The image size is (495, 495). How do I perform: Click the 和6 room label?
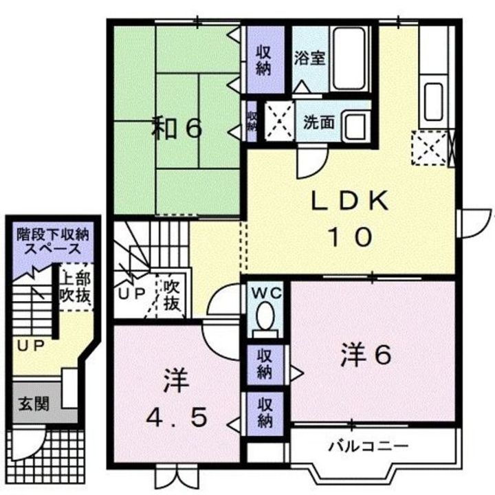click(177, 129)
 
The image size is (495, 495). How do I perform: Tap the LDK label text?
click(351, 202)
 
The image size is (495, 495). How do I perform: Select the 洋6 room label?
click(366, 354)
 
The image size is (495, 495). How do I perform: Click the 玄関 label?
click(33, 403)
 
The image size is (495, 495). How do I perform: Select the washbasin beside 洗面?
click(355, 125)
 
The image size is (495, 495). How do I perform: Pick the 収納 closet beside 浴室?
click(265, 60)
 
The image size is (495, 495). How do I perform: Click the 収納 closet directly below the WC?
click(265, 363)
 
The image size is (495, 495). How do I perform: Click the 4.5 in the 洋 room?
click(178, 417)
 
